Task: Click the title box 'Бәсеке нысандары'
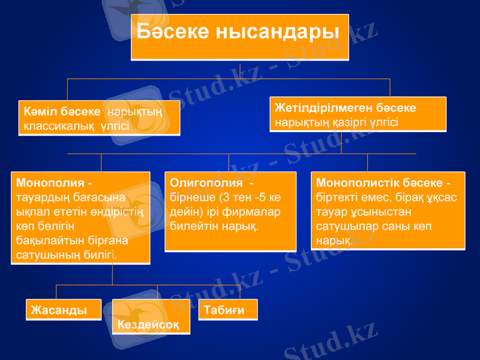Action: [239, 37]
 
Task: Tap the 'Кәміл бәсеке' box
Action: [99, 118]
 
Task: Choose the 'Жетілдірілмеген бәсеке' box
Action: [358, 114]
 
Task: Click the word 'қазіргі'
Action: [347, 121]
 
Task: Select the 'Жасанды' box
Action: [64, 310]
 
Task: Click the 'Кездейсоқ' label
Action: [148, 325]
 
